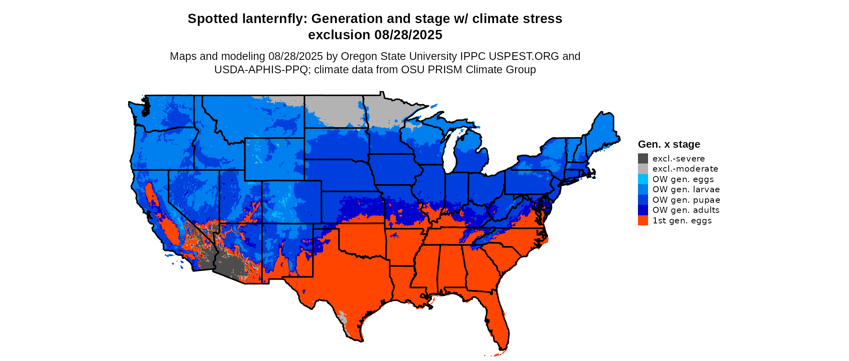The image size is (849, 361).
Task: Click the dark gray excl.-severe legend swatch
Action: pyautogui.click(x=643, y=159)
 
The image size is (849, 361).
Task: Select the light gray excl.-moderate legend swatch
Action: pyautogui.click(x=643, y=169)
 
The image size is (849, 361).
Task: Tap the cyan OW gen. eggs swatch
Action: pyautogui.click(x=643, y=179)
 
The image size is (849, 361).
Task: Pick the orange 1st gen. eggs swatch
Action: pyautogui.click(x=643, y=221)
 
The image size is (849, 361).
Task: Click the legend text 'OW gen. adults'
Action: pyautogui.click(x=686, y=210)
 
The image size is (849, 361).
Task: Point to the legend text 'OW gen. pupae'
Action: pyautogui.click(x=686, y=200)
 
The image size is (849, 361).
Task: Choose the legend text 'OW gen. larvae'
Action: pyautogui.click(x=686, y=189)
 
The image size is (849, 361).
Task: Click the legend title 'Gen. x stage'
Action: pyautogui.click(x=669, y=144)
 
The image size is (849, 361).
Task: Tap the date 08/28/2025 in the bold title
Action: pyautogui.click(x=408, y=35)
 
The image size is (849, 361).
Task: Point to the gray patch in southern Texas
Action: pyautogui.click(x=344, y=318)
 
